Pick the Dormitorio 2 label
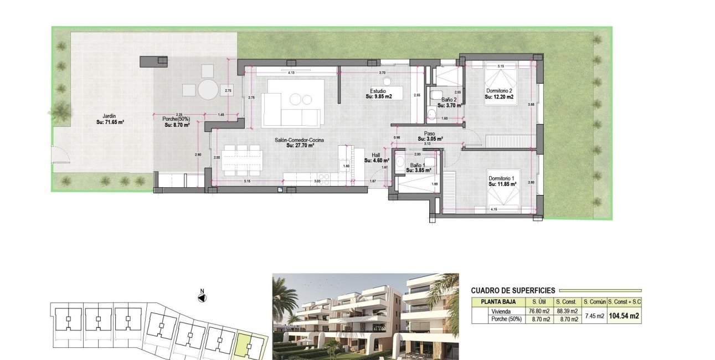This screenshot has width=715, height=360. pos(499,94)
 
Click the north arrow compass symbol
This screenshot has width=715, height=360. pos(202,297)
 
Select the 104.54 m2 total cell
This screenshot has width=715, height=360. pos(624,316)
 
